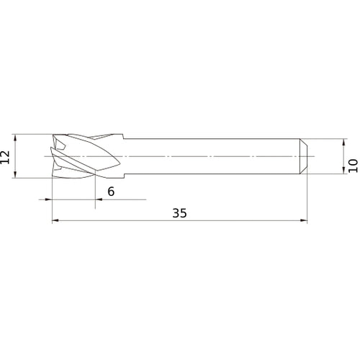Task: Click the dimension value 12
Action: click(x=6, y=156)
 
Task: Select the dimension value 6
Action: click(x=111, y=191)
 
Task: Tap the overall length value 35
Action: click(x=180, y=213)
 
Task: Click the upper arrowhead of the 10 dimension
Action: click(x=343, y=142)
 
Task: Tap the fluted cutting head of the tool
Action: click(x=86, y=156)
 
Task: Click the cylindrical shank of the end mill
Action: click(x=216, y=156)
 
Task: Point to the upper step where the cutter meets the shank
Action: click(x=125, y=138)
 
